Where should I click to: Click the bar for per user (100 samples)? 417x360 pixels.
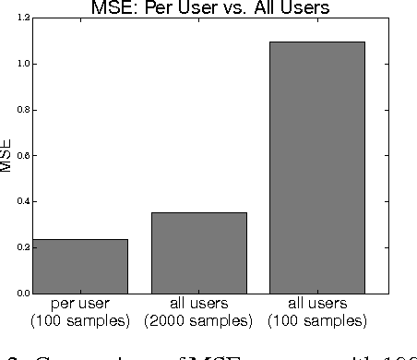tap(79, 266)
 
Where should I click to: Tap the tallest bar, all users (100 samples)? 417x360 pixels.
tap(317, 167)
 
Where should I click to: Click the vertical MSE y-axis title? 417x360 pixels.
tap(6, 156)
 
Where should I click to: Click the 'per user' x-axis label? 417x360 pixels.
tap(79, 304)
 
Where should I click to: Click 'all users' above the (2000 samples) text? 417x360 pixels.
tap(198, 304)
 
